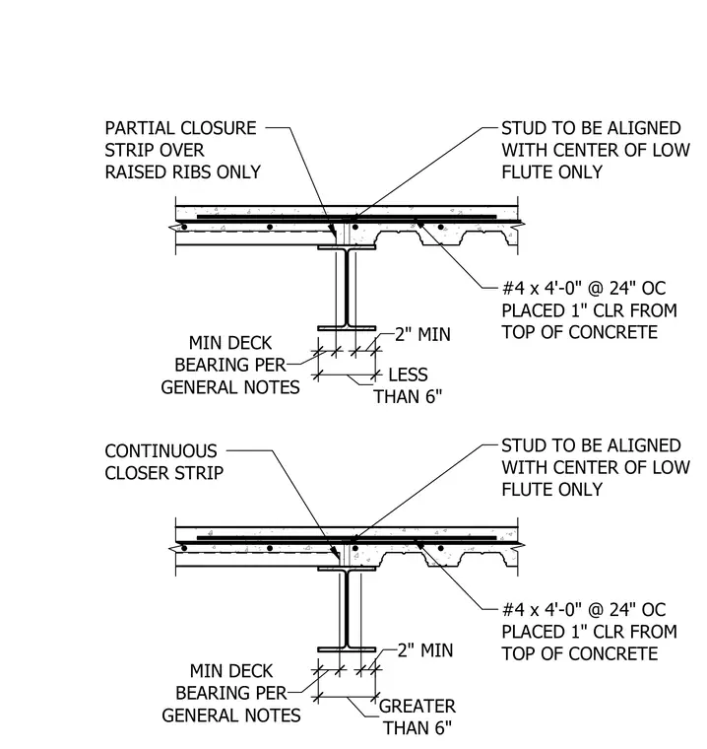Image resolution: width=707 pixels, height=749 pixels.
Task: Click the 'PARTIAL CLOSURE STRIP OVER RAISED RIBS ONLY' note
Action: click(183, 150)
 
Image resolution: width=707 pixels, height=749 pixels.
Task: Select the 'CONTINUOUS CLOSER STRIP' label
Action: click(163, 462)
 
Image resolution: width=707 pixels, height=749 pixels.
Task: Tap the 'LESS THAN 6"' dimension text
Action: click(409, 385)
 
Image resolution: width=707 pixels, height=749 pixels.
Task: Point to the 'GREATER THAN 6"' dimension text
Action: click(418, 717)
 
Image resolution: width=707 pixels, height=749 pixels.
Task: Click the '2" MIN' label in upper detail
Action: click(423, 334)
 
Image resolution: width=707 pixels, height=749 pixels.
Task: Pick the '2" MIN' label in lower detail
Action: click(425, 650)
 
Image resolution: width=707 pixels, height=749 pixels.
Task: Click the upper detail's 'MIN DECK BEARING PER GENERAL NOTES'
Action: click(230, 365)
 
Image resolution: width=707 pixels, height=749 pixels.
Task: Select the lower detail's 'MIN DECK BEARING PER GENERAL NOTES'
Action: click(231, 693)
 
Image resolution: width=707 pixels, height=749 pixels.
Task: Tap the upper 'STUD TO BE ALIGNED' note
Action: click(596, 150)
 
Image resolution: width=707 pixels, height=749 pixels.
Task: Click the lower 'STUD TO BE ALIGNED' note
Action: click(596, 467)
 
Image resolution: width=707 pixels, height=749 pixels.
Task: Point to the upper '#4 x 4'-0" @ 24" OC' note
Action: click(589, 310)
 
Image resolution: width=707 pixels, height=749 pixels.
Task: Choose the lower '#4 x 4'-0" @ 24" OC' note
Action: click(589, 632)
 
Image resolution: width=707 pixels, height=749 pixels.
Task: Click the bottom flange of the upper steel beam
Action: click(347, 328)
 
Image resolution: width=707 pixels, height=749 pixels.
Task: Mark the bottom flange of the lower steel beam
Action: click(347, 649)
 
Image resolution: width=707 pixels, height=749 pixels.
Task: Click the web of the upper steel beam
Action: click(347, 288)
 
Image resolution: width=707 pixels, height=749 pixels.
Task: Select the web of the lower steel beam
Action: click(347, 609)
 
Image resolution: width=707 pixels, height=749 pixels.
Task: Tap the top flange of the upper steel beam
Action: click(347, 247)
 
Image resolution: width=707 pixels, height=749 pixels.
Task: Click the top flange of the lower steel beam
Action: click(347, 569)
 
